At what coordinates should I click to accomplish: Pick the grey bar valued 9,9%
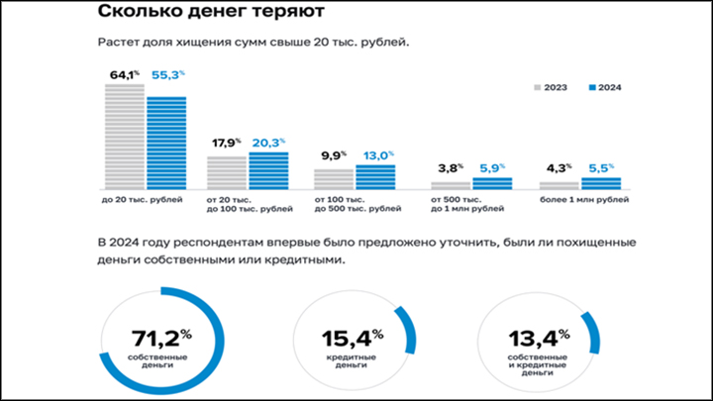pyautogui.click(x=334, y=178)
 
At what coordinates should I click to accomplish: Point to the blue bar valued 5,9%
pyautogui.click(x=492, y=183)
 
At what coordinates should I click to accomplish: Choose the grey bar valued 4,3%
pyautogui.click(x=560, y=184)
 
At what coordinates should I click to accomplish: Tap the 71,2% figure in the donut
pyautogui.click(x=155, y=339)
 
